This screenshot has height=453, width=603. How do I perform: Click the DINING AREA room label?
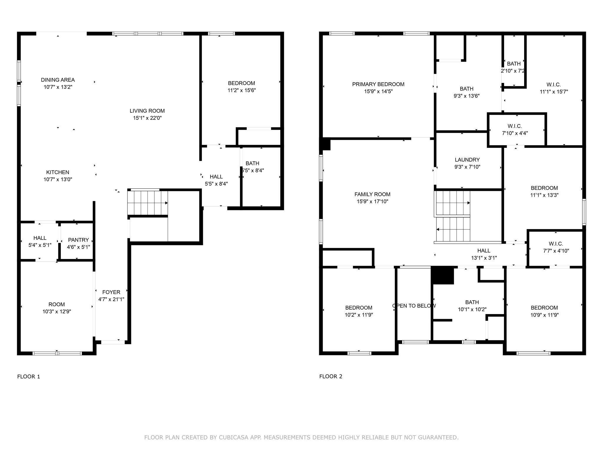(58, 80)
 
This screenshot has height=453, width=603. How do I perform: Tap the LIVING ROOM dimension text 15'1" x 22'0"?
(147, 118)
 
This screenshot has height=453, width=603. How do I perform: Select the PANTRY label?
(78, 240)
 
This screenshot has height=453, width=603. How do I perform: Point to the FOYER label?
(111, 292)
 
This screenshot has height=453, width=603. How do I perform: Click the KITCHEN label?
(58, 173)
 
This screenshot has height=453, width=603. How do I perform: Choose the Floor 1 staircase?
(148, 203)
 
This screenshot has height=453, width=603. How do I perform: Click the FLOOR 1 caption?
(29, 377)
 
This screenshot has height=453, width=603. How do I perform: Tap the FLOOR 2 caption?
(331, 376)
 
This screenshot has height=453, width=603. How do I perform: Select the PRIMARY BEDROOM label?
(378, 84)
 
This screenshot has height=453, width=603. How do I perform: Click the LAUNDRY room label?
(467, 160)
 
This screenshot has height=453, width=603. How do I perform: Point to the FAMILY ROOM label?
(372, 194)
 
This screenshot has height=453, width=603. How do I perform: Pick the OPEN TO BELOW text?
(414, 306)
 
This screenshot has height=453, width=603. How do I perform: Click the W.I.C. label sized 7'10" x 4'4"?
(515, 126)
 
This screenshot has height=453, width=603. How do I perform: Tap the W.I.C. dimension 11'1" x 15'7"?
(554, 92)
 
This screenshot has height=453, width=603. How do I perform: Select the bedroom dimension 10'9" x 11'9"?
(545, 315)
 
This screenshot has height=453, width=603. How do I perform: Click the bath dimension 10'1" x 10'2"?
(472, 309)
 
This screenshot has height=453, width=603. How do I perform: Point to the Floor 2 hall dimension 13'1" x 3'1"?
(484, 258)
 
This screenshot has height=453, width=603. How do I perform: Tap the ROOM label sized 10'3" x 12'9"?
(57, 304)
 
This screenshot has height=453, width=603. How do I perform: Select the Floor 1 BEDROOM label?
(241, 83)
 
